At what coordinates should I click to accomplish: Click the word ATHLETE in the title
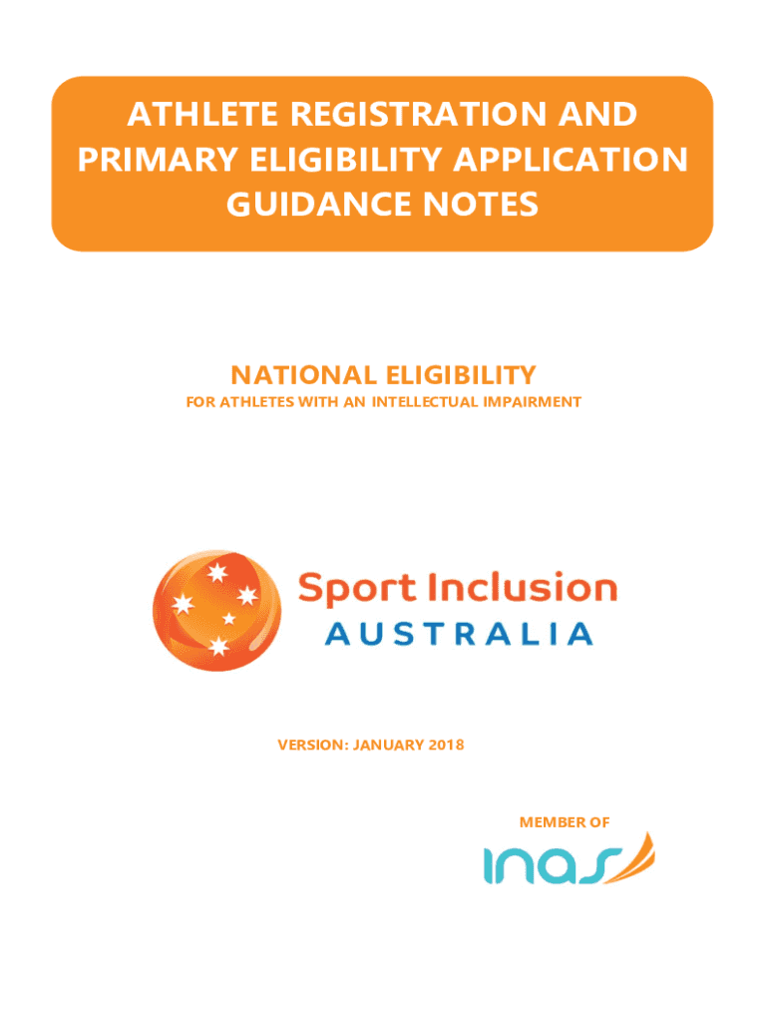pos(203,114)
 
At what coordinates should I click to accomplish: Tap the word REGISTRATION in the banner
pos(418,114)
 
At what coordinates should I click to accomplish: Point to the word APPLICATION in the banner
pos(571,160)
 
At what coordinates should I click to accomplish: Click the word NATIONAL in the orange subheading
pos(303,375)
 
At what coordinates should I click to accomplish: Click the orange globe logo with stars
pos(216,610)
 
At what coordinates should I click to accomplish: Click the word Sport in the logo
pos(357,589)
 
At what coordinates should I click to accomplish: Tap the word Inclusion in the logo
pos(522,587)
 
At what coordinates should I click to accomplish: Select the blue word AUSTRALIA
pos(459,634)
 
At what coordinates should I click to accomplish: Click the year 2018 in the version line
pos(446,745)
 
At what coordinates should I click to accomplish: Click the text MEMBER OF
pos(565,822)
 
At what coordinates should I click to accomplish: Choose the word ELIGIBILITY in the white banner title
pos(346,160)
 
